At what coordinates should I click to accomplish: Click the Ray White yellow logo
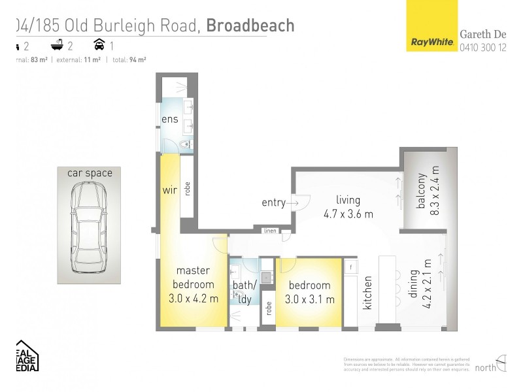tap(431, 26)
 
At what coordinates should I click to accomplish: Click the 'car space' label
tap(90, 173)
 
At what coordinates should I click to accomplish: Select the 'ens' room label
tap(170, 120)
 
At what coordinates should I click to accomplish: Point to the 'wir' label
tap(170, 191)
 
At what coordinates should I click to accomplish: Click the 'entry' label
tap(273, 203)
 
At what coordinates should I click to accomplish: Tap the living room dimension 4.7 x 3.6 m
tap(348, 214)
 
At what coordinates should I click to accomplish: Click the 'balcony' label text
tap(422, 191)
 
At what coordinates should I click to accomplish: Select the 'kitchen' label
tap(368, 291)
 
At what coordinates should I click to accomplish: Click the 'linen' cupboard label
tap(269, 231)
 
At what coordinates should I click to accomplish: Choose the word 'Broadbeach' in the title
tap(250, 25)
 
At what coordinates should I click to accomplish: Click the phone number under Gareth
tap(483, 47)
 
